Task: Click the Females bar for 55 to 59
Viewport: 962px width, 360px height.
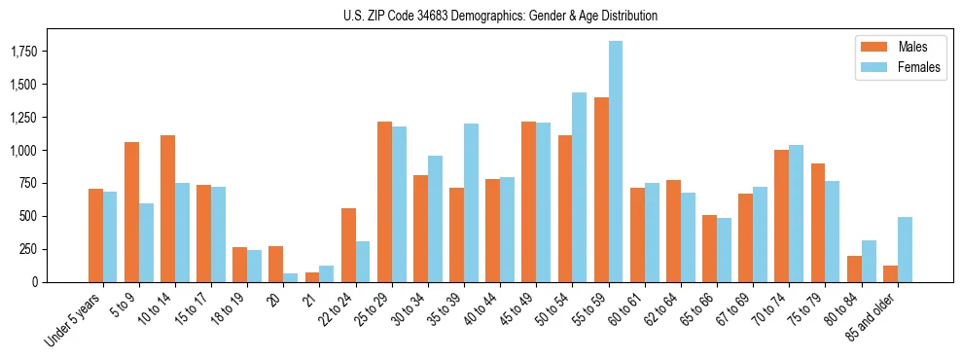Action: click(x=616, y=162)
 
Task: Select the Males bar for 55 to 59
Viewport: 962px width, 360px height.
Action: click(x=601, y=190)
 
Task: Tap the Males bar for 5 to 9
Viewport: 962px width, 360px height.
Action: click(x=131, y=212)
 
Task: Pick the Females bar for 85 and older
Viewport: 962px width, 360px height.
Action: click(x=905, y=249)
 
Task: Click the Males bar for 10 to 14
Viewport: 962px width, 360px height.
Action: click(x=167, y=208)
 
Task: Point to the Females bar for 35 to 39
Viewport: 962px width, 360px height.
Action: click(x=471, y=202)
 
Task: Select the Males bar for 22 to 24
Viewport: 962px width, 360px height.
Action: click(x=348, y=245)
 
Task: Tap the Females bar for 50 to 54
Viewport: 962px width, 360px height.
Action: click(x=580, y=187)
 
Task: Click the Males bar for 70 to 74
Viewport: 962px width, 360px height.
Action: click(x=781, y=216)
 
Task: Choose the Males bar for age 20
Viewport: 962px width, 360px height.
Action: click(x=276, y=264)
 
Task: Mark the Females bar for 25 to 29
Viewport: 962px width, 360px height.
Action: click(x=399, y=204)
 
